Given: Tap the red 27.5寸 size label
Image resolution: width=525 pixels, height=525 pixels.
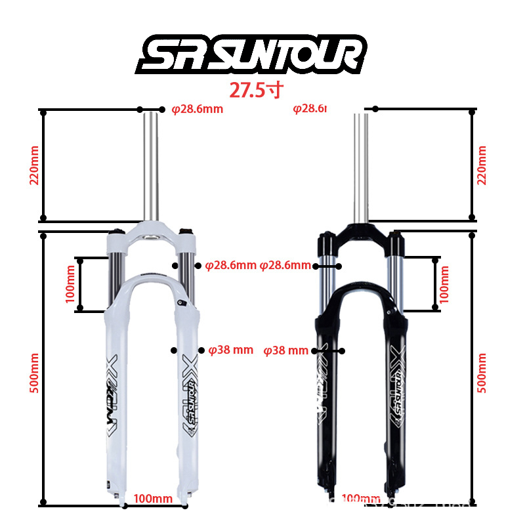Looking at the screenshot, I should tap(255, 90).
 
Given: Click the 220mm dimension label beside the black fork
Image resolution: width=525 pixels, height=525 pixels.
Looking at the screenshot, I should tap(482, 164).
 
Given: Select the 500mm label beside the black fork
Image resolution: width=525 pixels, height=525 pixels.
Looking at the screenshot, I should tap(482, 373).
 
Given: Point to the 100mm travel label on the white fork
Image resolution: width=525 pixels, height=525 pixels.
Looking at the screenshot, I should tap(70, 283).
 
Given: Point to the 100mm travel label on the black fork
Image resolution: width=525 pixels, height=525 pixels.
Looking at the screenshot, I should tap(444, 283).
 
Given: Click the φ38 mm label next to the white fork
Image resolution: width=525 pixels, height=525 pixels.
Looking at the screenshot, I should tap(230, 350).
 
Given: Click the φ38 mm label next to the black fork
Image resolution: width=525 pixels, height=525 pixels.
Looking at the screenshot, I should tap(285, 350).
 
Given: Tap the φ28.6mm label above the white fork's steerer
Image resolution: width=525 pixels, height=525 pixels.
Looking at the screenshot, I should tap(197, 109).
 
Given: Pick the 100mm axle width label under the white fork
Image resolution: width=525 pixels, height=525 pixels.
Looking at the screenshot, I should tap(153, 499).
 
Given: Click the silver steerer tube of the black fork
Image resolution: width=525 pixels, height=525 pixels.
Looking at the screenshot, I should tap(361, 164).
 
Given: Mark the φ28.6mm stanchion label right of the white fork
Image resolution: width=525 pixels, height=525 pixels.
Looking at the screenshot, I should tap(230, 266).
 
